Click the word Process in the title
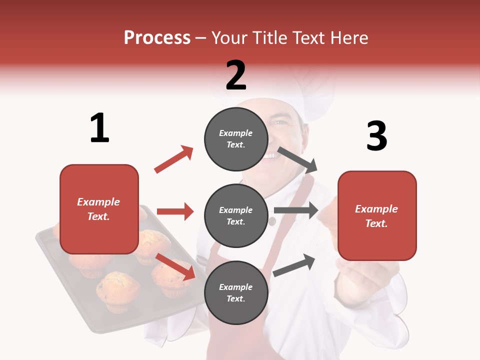(157, 38)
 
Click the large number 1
(99, 128)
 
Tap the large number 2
(236, 75)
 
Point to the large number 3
(376, 136)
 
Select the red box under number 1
(99, 209)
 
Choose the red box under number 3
(377, 216)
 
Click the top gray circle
(236, 139)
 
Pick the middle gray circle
(236, 216)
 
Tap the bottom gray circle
(236, 293)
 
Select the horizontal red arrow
(175, 211)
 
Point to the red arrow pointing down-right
(175, 266)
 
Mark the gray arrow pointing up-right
(294, 265)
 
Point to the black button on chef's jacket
(272, 221)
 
